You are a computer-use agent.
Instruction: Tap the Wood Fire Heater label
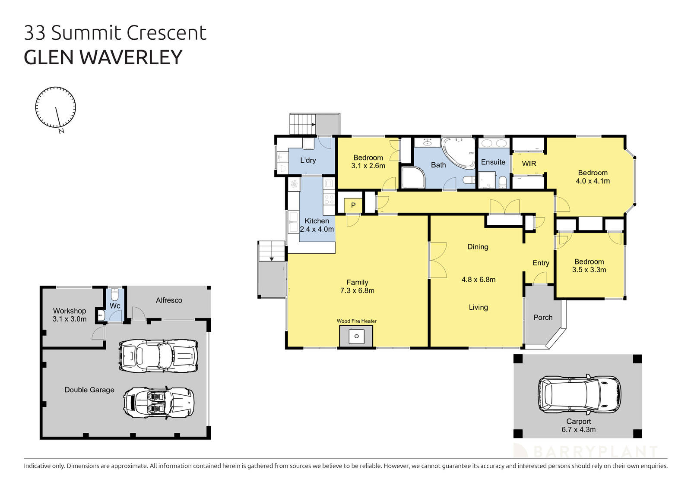pos(357,321)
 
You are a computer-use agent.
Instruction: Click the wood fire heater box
pos(356,336)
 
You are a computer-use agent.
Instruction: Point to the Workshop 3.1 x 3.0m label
pos(70,315)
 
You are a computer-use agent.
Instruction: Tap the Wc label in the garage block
pos(115,305)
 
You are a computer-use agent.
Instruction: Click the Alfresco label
pos(169,300)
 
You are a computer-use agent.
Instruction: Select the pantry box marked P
pos(353,205)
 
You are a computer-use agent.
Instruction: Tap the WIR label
pos(529,164)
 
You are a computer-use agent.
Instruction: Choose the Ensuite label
pos(493,162)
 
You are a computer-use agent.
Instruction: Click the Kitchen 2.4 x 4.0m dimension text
pos(317,230)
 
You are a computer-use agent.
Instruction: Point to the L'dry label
pos(308,160)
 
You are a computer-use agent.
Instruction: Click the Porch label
pos(543,318)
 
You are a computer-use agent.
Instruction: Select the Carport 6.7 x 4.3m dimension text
pos(578,429)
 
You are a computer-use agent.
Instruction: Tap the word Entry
pos(541,263)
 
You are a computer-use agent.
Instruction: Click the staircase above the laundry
pos(303,124)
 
